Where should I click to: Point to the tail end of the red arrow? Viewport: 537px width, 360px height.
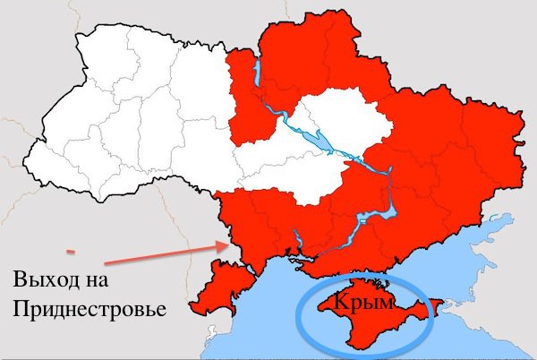(104, 263)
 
